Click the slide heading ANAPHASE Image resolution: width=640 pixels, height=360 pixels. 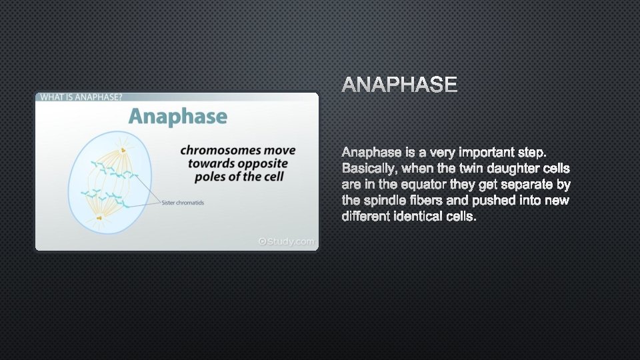point(400,85)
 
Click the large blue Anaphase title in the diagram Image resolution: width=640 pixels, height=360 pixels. point(177,117)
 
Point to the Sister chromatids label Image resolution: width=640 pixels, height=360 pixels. point(183,203)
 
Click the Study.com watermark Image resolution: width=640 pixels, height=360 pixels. point(286,241)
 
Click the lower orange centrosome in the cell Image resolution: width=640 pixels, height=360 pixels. point(99,217)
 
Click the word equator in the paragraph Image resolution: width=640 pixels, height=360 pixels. point(427,183)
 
